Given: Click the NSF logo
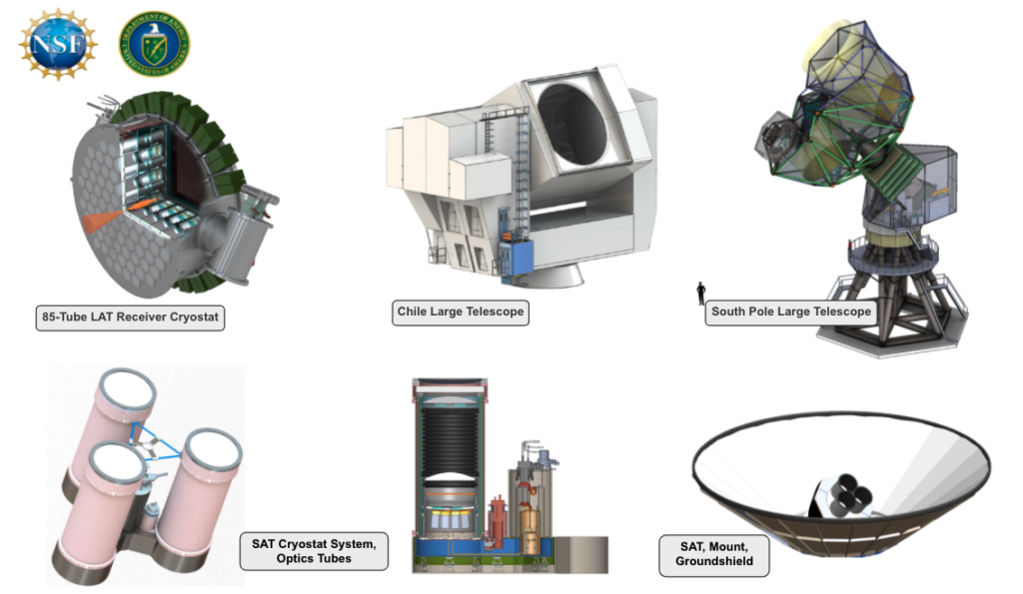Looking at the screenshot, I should point(59,43).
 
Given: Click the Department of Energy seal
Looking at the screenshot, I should point(154,43).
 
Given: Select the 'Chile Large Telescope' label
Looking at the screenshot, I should point(460,313).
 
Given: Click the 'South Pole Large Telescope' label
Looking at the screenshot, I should point(790,311).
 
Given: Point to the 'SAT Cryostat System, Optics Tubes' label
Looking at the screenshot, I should point(313,551).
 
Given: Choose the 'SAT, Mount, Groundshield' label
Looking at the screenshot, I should point(713,555).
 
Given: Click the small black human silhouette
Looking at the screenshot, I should point(700,293).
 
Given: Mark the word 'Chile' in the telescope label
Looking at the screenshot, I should point(416,313).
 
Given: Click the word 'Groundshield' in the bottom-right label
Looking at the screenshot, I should point(713,563).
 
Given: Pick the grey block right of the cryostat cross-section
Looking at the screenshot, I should point(580,553).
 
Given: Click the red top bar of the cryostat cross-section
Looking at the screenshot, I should point(450,383).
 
